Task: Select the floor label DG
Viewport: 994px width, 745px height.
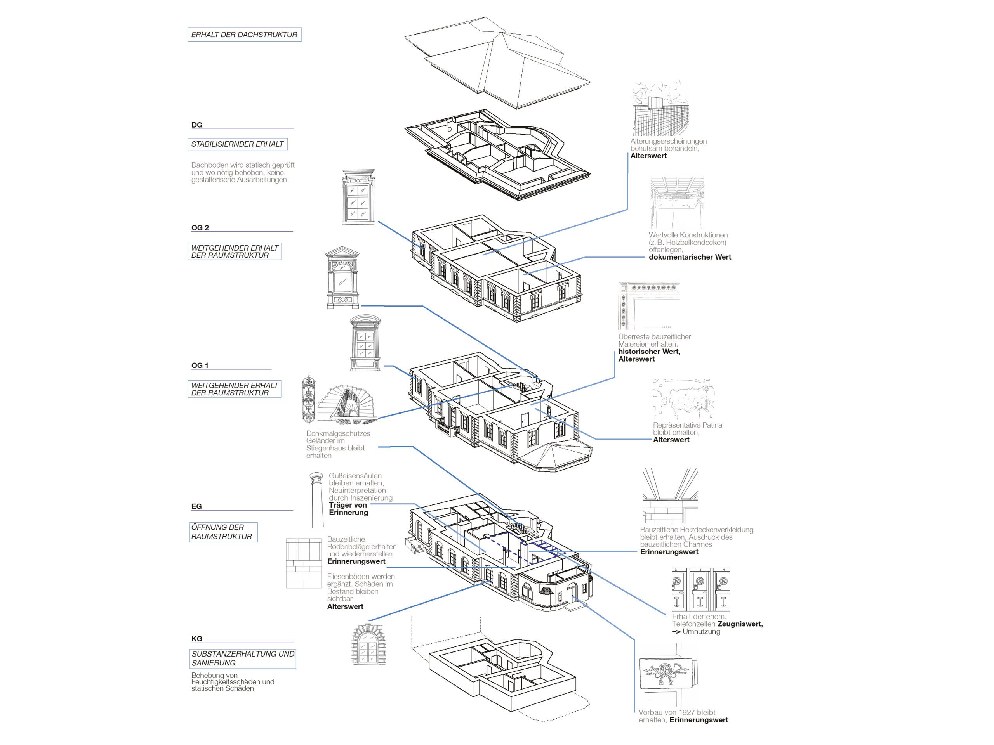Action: point(197,125)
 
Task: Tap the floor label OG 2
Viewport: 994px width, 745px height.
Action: point(200,228)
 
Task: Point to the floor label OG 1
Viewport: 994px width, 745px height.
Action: point(200,365)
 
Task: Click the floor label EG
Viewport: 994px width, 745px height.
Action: point(196,506)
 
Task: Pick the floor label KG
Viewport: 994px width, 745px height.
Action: point(197,638)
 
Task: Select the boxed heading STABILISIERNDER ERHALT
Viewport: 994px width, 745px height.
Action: point(237,144)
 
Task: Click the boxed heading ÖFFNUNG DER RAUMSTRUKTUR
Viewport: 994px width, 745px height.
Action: point(222,532)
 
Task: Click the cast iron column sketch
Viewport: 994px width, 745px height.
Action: point(317,499)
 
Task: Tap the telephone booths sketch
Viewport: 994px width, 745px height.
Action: point(700,589)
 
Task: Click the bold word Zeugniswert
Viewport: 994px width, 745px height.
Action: point(740,624)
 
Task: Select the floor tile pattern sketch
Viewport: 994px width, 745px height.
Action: point(304,563)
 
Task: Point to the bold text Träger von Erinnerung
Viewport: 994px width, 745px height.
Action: point(348,508)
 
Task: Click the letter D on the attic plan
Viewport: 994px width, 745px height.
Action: point(449,129)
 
